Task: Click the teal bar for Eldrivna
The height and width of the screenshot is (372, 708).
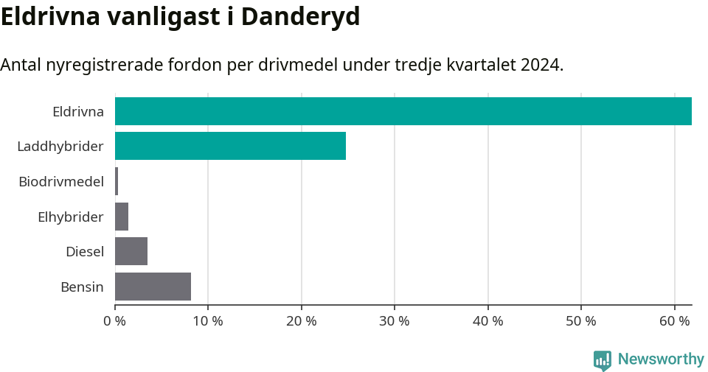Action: coord(403,111)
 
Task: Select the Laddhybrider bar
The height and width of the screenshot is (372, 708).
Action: coord(230,146)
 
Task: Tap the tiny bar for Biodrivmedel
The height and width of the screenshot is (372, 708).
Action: coord(117,181)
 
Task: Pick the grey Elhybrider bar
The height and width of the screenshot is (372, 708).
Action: coord(122,217)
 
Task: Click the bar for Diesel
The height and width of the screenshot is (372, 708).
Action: coord(131,251)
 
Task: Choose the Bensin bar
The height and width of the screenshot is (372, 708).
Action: coord(153,287)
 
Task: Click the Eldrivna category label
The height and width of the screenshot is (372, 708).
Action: coord(77,112)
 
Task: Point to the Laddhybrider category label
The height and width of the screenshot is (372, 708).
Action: coord(60,147)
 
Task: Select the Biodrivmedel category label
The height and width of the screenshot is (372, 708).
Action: coord(60,181)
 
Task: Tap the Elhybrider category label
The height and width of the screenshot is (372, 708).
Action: coord(70,217)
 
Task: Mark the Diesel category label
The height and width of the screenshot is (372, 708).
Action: coord(84,252)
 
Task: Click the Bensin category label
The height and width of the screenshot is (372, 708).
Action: coord(82,287)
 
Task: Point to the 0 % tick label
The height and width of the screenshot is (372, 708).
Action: coord(115,321)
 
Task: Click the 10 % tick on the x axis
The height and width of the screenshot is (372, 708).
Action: coord(208,321)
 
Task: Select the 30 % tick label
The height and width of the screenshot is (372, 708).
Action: coord(395,321)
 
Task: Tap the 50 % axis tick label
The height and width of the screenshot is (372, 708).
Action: coord(581,321)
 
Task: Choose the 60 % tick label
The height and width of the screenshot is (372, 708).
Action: coord(674,321)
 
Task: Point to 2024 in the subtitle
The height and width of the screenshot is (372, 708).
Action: coord(540,65)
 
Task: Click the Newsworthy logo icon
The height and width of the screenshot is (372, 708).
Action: coord(603,359)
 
